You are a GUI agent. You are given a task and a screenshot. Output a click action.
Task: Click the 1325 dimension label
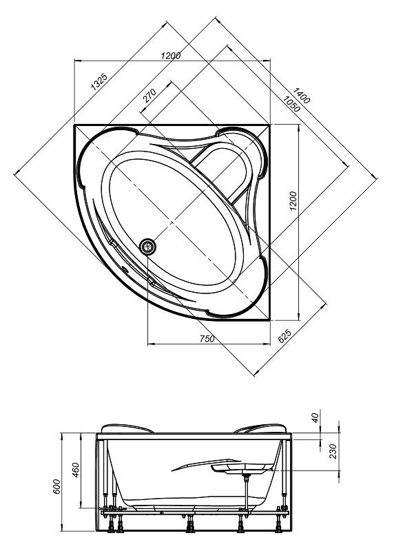point(98,83)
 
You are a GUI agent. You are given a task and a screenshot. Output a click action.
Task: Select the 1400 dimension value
point(301,96)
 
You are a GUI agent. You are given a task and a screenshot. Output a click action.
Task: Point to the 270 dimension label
point(149,96)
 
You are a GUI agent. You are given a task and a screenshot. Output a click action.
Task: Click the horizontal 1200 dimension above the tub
point(171,56)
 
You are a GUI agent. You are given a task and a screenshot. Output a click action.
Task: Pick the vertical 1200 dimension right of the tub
point(293,201)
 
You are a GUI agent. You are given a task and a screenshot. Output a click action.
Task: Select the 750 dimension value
point(207,339)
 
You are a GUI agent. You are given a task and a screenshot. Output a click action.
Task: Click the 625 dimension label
point(284,336)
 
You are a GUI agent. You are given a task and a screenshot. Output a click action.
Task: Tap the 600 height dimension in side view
point(56,486)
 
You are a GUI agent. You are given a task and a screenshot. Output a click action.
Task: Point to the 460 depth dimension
point(76,470)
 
